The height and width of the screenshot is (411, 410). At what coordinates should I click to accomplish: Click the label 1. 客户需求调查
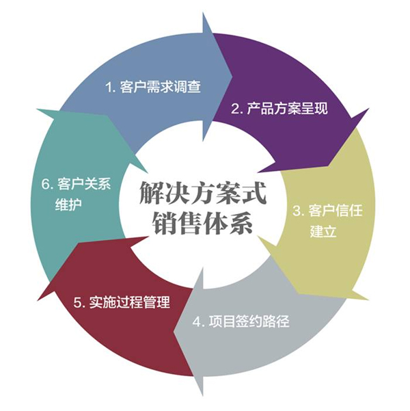pos(152,88)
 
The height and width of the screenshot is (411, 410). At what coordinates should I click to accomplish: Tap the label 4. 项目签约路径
pos(241,321)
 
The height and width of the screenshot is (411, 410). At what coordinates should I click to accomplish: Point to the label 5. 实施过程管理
pos(121,301)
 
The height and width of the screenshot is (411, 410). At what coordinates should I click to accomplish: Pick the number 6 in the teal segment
pos(45,184)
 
